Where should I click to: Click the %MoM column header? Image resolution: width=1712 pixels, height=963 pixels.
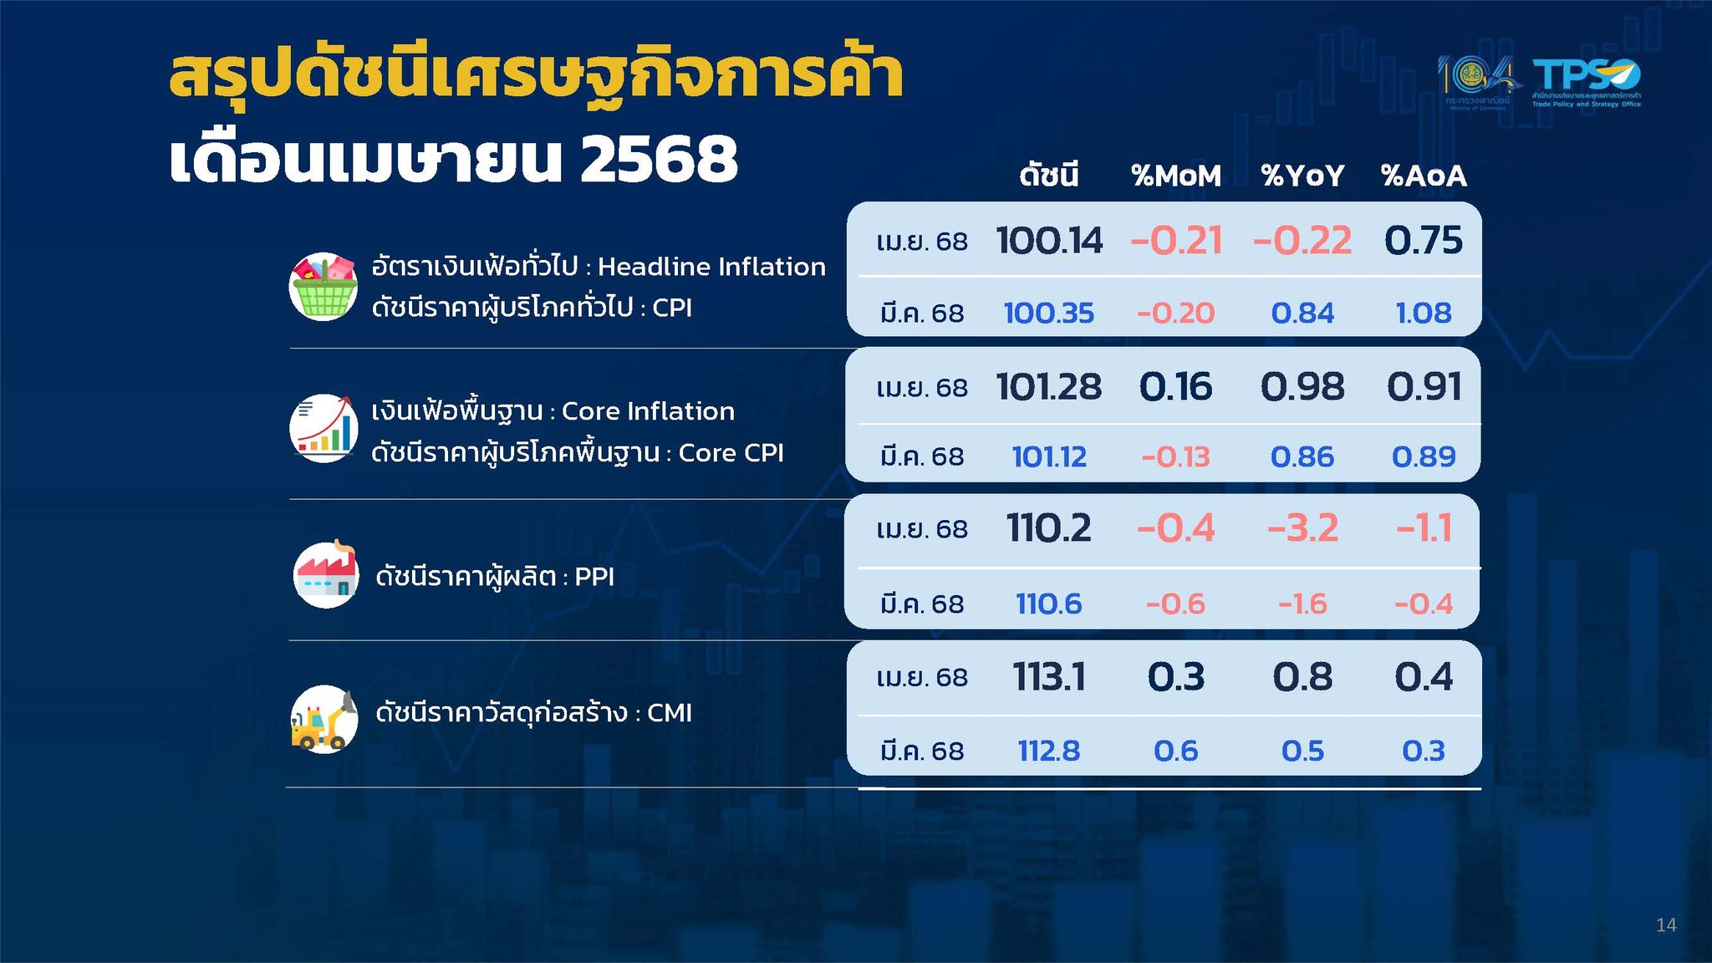(1175, 176)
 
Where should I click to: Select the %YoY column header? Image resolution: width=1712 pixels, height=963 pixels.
(1302, 176)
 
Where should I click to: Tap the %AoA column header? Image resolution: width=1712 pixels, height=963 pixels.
(1424, 176)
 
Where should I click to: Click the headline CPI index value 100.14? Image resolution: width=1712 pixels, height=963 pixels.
(1049, 241)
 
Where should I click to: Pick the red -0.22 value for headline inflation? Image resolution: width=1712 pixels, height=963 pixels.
(1302, 241)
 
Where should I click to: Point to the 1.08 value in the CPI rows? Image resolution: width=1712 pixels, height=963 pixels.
(1424, 313)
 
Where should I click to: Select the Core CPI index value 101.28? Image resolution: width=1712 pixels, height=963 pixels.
(1049, 387)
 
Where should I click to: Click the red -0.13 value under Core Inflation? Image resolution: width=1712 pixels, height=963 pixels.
(1175, 457)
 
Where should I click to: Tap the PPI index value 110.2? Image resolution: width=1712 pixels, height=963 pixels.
(1048, 528)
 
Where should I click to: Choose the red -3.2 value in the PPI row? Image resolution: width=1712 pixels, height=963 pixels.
(1302, 528)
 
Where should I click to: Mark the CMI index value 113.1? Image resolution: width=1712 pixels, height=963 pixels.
(1048, 676)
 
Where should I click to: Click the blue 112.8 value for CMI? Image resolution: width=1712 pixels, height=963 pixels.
(1048, 751)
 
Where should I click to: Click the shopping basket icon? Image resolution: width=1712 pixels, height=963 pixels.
(323, 287)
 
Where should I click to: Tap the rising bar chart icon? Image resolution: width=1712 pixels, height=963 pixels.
(324, 428)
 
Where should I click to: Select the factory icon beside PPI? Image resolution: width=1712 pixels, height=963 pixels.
(325, 574)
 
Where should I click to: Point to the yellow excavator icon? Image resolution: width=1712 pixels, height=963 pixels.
(324, 719)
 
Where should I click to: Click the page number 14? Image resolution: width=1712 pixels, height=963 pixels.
(1665, 925)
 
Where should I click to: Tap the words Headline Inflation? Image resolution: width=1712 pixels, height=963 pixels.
(711, 267)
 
